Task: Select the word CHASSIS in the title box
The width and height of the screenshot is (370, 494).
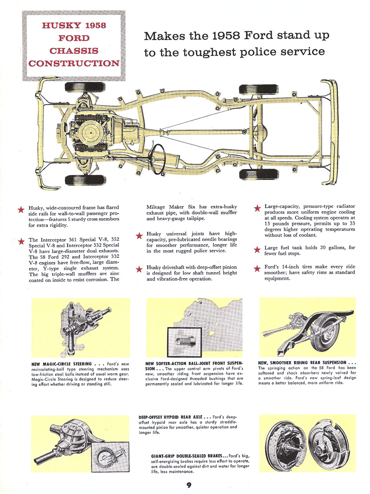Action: coord(73,51)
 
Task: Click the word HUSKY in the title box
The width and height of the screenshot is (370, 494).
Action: coord(57,25)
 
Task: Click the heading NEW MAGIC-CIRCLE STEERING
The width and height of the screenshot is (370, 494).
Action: coord(61,364)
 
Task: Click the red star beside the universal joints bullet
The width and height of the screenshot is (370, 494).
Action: coord(139,236)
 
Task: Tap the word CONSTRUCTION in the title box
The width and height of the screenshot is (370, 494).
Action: coord(73,63)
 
